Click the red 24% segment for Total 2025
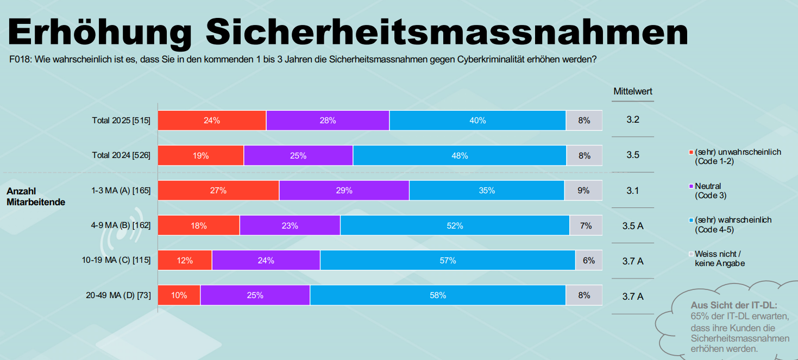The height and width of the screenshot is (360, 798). tap(212, 121)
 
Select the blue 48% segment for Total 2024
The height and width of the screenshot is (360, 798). tap(459, 156)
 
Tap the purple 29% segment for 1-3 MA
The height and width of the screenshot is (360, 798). tap(344, 191)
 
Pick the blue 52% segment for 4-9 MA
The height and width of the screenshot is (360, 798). tap(455, 226)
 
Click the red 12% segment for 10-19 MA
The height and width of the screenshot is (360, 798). tap(185, 261)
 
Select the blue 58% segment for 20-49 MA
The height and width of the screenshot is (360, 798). tap(437, 295)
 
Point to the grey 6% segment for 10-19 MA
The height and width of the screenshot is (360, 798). tap(589, 261)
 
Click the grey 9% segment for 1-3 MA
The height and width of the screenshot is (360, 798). tap(583, 191)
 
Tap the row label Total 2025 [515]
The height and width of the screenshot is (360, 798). tap(121, 121)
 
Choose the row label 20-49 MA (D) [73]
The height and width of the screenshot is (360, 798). tap(118, 295)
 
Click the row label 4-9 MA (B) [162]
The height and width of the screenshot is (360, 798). tap(121, 226)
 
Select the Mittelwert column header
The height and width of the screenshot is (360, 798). tap(633, 92)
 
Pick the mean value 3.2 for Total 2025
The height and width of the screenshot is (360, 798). tap(632, 119)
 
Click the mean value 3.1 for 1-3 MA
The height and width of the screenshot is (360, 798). tap(632, 191)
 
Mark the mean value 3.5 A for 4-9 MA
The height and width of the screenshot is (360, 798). tap(633, 226)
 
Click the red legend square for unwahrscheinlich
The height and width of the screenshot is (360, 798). tap(691, 153)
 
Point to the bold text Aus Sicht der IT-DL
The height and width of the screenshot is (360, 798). tap(734, 305)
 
